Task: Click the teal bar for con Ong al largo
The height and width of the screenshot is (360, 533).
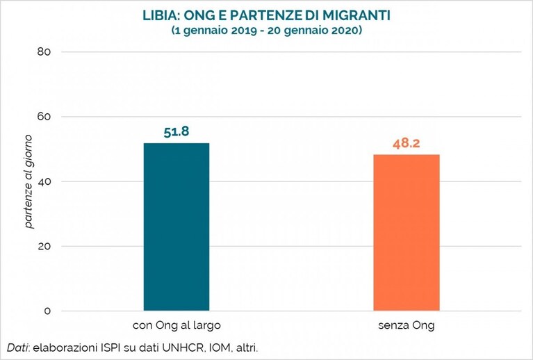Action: point(177,227)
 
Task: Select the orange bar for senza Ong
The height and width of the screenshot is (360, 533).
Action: point(407,233)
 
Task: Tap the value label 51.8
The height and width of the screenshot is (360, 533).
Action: point(176,132)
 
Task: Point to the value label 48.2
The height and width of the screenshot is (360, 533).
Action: point(407,143)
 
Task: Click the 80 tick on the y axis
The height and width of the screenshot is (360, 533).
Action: point(44,52)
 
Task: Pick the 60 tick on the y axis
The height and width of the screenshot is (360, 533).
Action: point(44,117)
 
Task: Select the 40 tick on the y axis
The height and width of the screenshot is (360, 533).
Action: point(44,181)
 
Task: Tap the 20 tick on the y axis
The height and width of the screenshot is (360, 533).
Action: point(44,246)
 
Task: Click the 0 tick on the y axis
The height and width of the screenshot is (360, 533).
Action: point(47,311)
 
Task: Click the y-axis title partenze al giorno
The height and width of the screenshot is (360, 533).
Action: point(28,181)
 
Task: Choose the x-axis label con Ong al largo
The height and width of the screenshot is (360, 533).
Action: point(177,326)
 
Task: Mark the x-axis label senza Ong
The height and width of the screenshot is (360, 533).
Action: point(407,326)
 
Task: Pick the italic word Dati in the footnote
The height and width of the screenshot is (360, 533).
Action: point(18,348)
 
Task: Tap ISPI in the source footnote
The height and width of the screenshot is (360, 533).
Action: point(110,348)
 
